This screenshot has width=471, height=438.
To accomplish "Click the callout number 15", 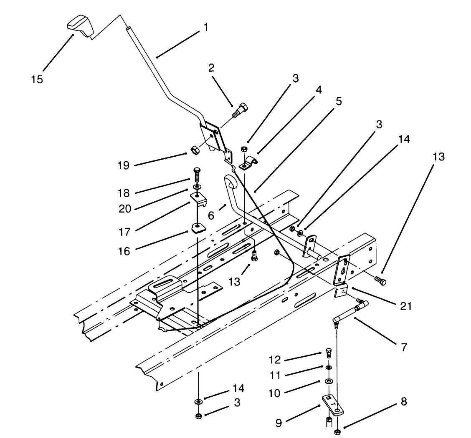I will point(37,79).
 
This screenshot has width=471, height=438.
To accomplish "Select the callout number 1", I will point(205,28).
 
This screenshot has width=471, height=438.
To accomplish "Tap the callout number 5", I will point(339,101).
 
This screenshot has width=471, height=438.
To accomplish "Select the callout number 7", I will point(403,347).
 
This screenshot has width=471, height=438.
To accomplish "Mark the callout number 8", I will point(403,402).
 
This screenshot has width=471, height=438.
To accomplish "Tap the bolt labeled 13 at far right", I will point(380,281).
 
